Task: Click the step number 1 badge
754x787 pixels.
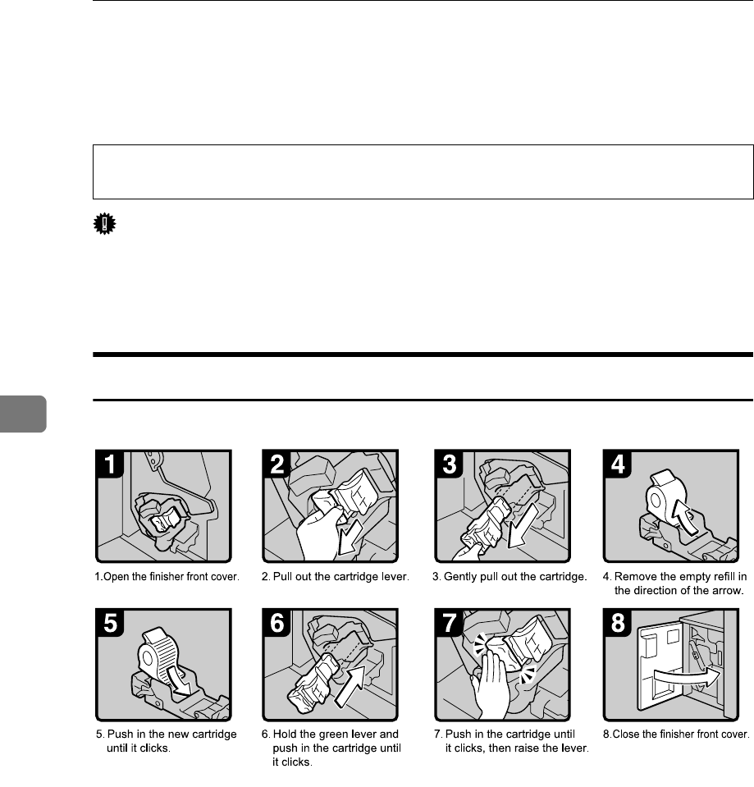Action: click(x=110, y=464)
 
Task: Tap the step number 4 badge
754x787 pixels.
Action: click(x=618, y=464)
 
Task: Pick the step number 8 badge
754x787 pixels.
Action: click(x=618, y=623)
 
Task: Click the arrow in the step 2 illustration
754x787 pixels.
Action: click(x=350, y=538)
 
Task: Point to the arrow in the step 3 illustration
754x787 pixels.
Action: click(x=523, y=526)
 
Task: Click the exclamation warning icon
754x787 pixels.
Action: click(x=104, y=224)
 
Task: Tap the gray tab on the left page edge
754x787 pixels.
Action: click(x=23, y=414)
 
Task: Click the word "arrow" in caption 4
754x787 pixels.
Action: click(x=728, y=591)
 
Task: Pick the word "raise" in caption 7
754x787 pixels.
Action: click(x=525, y=748)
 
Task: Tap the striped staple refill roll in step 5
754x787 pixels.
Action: click(x=157, y=652)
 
